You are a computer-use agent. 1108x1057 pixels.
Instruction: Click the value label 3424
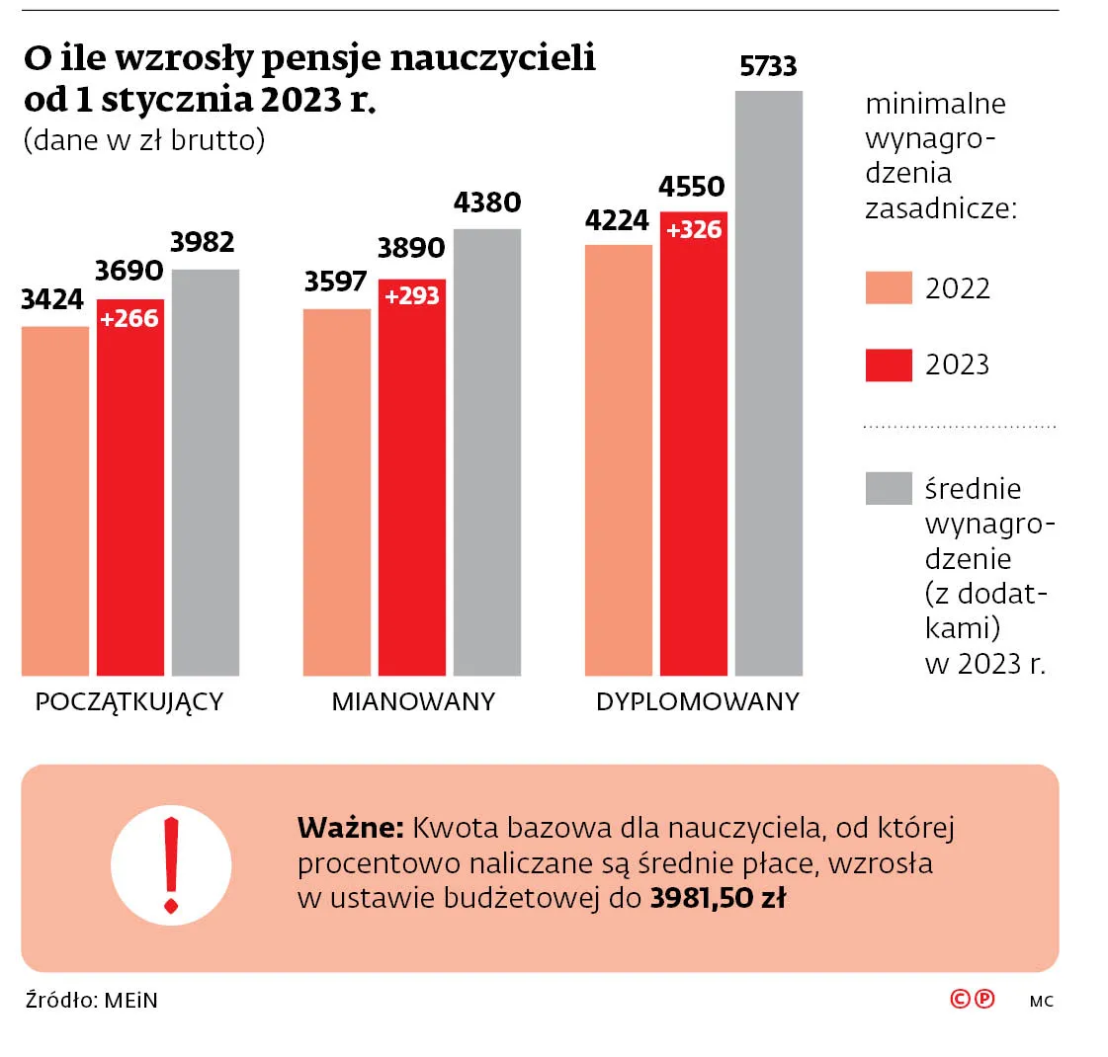(x=52, y=299)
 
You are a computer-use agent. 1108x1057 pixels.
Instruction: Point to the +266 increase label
(x=129, y=318)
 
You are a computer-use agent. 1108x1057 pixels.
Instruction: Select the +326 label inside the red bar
(x=694, y=230)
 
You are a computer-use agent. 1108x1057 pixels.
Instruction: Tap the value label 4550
(x=692, y=187)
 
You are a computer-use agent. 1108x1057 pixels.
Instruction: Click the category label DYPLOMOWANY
(x=697, y=701)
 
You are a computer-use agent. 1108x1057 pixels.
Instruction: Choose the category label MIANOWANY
(x=413, y=701)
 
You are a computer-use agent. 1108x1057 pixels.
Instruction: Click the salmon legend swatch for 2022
(x=888, y=288)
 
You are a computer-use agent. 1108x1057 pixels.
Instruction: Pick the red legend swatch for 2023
(x=888, y=365)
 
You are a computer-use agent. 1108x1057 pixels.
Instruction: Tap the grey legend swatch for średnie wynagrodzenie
(x=888, y=488)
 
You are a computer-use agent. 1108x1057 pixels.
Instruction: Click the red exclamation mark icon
(x=171, y=865)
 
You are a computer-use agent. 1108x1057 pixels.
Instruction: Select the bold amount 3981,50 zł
(x=718, y=898)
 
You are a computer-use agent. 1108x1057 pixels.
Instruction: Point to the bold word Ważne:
(x=350, y=827)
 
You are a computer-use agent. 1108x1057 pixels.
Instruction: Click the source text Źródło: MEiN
(x=92, y=1000)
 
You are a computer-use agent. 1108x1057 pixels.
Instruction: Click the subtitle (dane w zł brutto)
(x=144, y=140)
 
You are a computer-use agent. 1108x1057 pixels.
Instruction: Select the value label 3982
(x=203, y=242)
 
